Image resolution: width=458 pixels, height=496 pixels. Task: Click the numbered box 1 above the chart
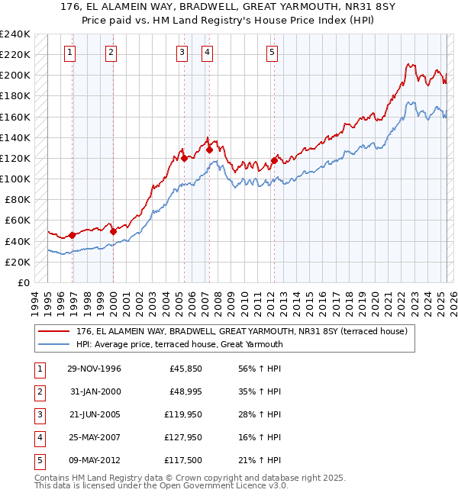click(x=70, y=53)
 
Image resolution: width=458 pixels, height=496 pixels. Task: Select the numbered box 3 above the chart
click(x=182, y=53)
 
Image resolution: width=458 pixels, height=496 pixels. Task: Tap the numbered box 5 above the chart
click(x=273, y=53)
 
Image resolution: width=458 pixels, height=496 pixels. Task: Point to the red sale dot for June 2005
click(x=184, y=159)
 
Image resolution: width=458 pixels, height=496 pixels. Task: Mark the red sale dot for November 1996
click(x=73, y=235)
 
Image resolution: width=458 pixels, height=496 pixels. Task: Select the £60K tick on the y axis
click(x=17, y=221)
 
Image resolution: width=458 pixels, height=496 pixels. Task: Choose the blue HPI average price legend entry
click(x=179, y=344)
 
